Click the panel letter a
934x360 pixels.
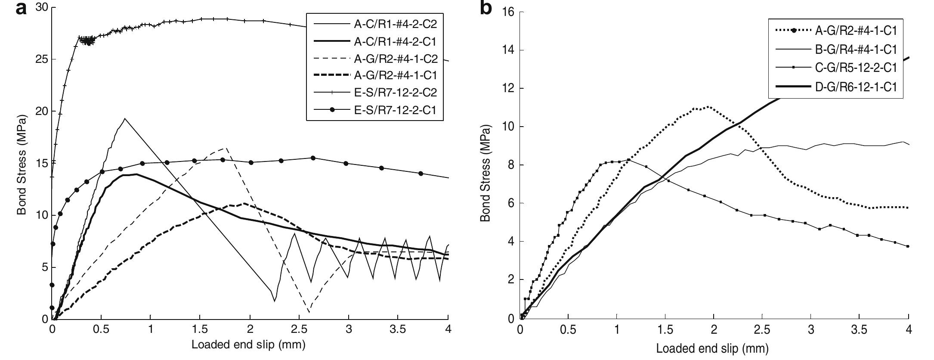point(22,9)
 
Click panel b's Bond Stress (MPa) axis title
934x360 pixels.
point(486,174)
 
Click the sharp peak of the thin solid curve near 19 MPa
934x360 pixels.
point(124,118)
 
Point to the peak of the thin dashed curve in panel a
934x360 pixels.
point(226,148)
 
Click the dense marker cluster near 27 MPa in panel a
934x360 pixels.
point(88,41)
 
